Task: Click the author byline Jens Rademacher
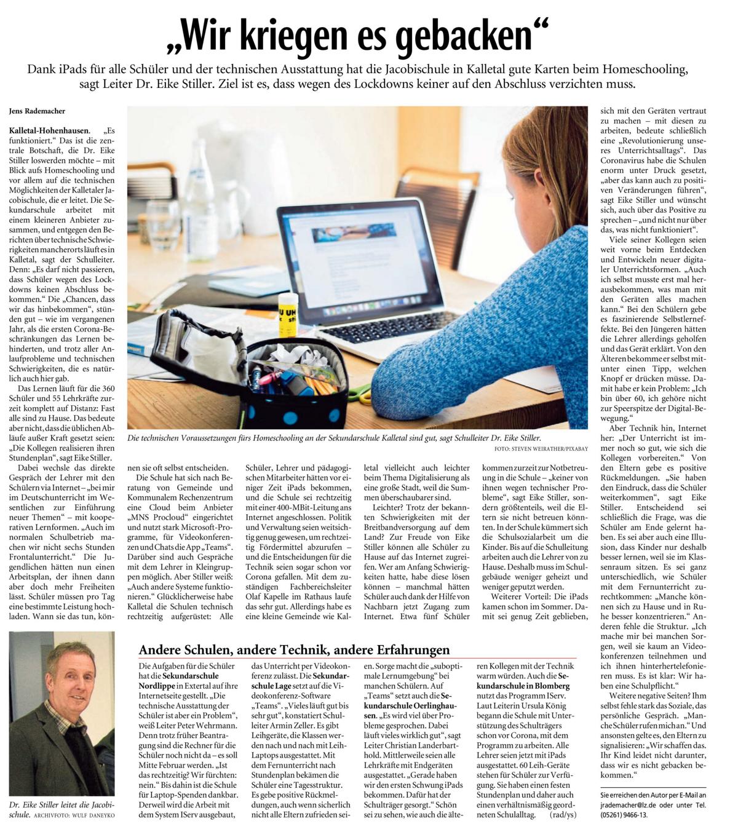(x=37, y=111)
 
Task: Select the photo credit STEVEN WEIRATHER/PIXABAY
(x=541, y=449)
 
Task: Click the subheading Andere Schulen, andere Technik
(x=294, y=649)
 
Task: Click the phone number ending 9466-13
(x=625, y=815)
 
